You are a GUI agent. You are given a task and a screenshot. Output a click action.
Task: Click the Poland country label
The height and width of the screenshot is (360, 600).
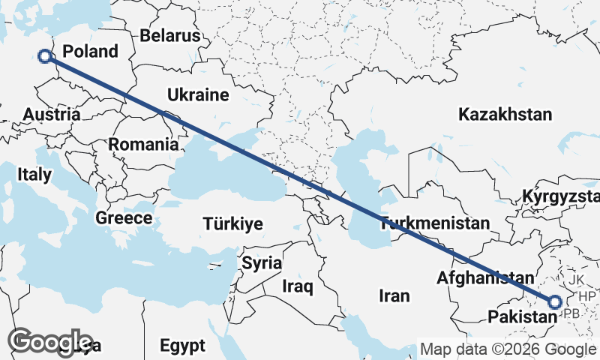90,52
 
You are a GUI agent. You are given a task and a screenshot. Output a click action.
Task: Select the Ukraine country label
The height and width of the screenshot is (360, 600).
197,95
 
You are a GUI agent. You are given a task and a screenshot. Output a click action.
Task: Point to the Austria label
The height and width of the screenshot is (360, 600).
52,115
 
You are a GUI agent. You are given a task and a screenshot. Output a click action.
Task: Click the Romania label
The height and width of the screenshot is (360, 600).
143,144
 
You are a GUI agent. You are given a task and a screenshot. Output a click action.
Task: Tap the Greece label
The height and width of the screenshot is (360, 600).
124,218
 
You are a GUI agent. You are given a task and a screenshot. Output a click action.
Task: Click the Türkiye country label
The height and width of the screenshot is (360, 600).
232,223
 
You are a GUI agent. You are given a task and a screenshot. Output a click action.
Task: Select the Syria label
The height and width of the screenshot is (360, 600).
262,263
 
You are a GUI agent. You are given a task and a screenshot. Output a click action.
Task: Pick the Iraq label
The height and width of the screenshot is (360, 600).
298,286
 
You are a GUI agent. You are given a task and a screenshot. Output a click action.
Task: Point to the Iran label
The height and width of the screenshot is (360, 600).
394,295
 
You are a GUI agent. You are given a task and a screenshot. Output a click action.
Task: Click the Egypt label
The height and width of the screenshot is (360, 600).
182,346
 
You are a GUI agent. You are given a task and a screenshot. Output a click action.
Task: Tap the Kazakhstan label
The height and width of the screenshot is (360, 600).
505,115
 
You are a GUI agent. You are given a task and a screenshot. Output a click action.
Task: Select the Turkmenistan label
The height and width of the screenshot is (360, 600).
435,223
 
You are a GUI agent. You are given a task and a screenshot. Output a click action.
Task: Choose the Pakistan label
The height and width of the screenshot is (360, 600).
522,317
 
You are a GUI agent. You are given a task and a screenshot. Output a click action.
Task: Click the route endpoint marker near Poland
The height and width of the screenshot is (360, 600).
45,55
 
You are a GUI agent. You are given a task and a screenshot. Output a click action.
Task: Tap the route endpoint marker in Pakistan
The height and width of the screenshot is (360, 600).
555,302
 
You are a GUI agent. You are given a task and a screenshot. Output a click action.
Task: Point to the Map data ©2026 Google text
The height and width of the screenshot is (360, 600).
508,349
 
